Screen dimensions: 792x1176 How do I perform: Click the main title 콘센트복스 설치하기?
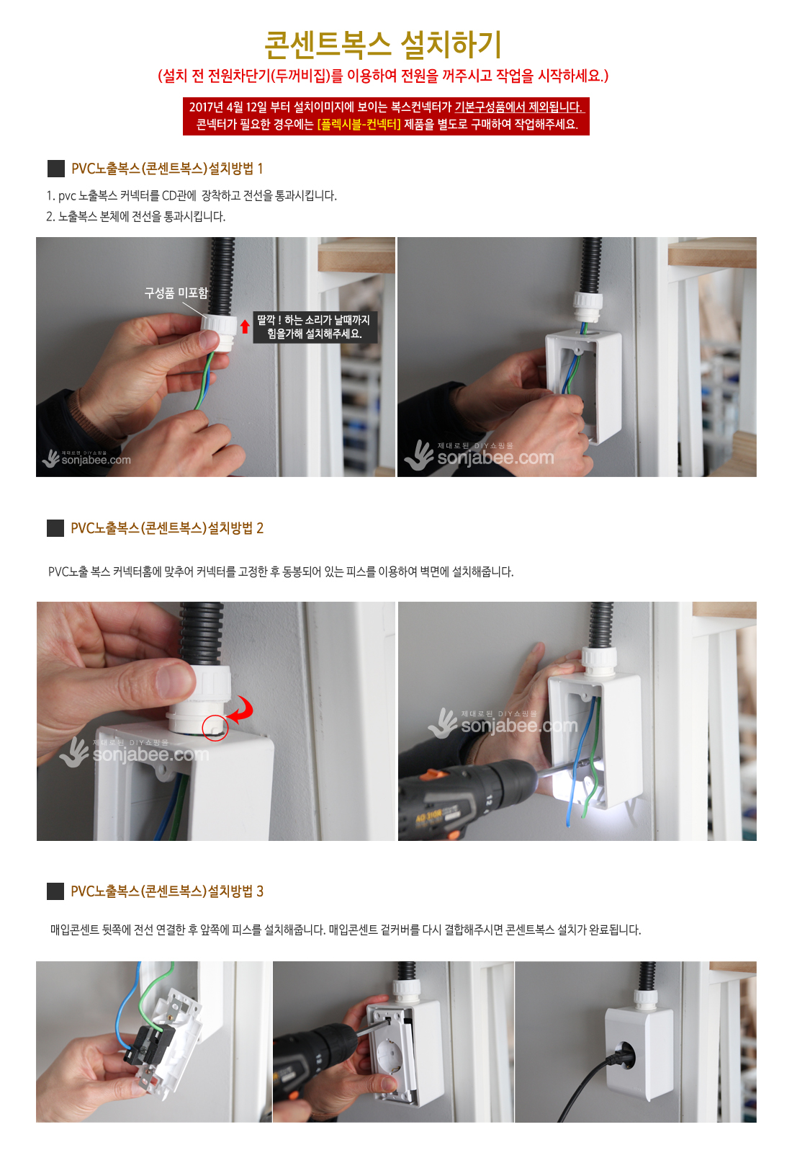point(383,44)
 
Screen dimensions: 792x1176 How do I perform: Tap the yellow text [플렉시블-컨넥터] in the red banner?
point(359,125)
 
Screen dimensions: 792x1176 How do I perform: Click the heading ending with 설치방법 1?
point(167,169)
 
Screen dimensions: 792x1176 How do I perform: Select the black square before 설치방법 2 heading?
point(55,528)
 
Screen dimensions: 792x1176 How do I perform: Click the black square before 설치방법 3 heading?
point(55,891)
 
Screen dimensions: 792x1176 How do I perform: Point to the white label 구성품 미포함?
point(176,293)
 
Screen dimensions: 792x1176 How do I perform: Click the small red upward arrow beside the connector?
point(245,326)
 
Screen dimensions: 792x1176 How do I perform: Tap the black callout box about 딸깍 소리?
point(315,327)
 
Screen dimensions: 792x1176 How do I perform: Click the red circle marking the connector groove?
point(215,729)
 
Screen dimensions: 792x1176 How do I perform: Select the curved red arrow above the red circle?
point(243,709)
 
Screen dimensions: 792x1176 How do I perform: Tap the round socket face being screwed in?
point(389,1048)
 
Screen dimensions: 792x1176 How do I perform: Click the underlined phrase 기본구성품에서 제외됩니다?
point(519,107)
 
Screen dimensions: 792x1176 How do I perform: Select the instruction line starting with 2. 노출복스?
point(136,216)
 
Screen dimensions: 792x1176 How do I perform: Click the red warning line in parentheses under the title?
point(384,76)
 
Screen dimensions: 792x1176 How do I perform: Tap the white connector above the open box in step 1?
point(588,306)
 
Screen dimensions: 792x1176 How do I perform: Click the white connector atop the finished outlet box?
point(645,997)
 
